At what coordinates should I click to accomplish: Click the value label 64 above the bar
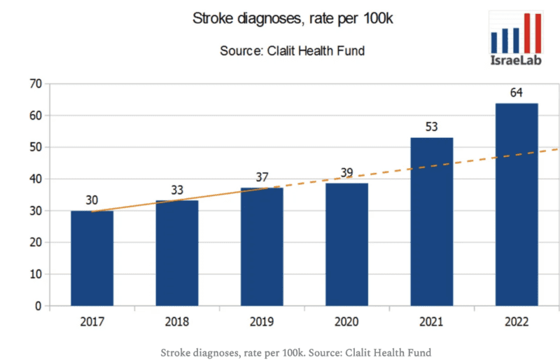517,92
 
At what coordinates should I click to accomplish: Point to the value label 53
432,127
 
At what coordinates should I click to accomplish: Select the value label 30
92,200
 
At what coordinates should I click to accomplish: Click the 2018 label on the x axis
177,322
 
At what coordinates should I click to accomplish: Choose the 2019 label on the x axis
262,322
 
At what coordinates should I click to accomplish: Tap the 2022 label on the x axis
517,322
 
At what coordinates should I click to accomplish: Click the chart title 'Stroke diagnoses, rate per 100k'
293,19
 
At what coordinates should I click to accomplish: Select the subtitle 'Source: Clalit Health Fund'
293,50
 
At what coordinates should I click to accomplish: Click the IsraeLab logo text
515,61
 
